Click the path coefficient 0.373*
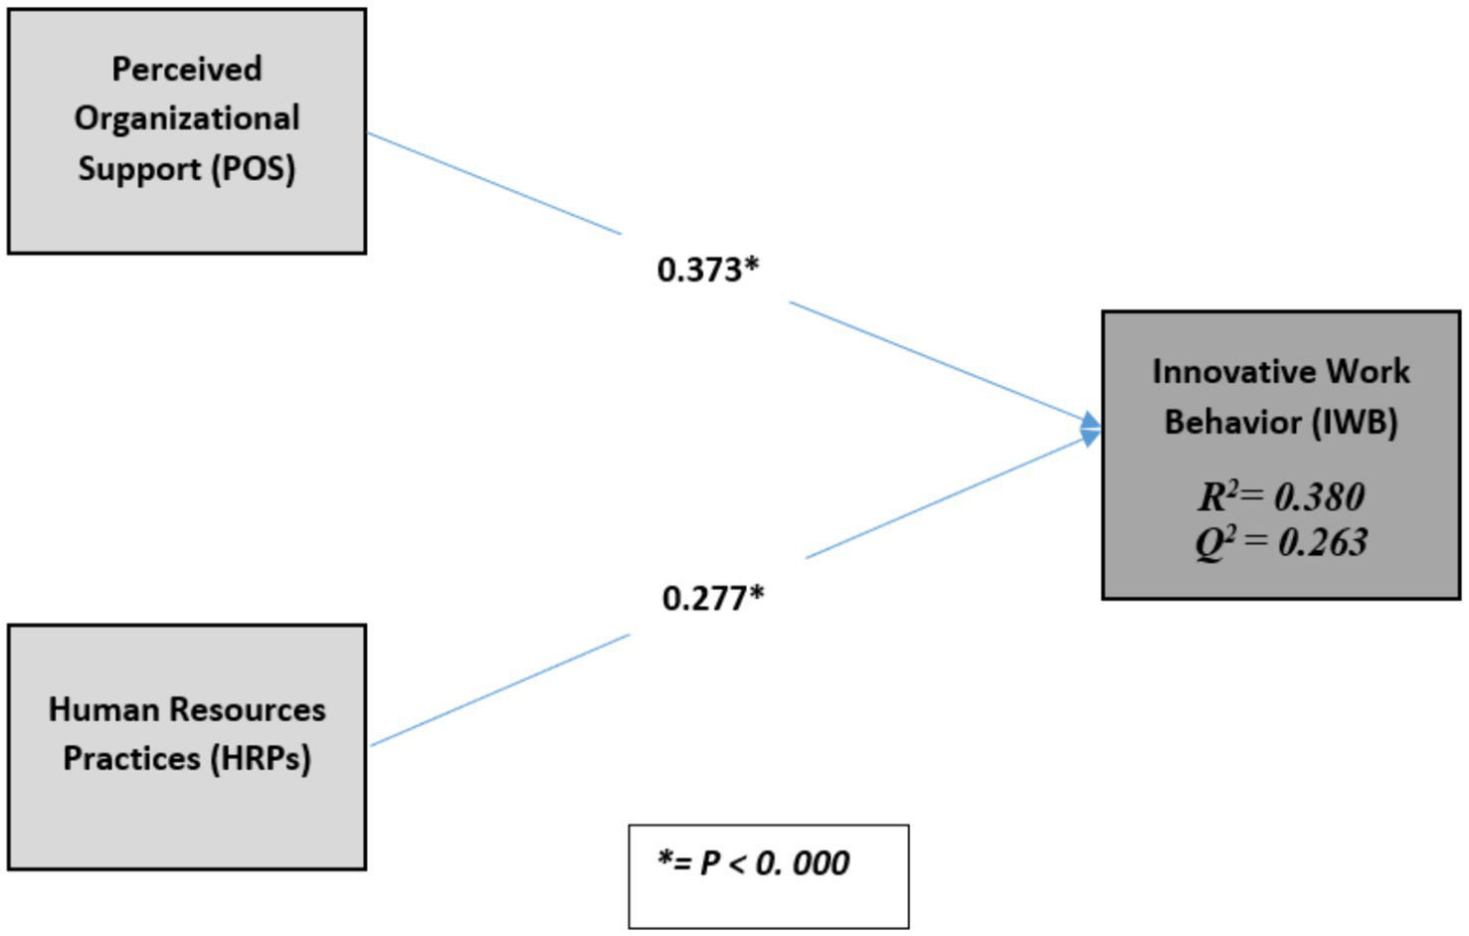coord(707,270)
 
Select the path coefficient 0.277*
coord(712,598)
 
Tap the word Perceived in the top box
coord(187,69)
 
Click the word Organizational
coord(187,118)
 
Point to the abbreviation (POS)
coord(254,168)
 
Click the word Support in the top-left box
coord(139,168)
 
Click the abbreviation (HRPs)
coord(261,759)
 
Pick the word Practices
coord(131,759)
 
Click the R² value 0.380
coord(1319,496)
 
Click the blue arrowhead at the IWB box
coord(1091,429)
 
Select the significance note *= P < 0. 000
coord(753,863)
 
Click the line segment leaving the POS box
coord(493,183)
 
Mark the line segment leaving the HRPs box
coord(499,689)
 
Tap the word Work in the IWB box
coord(1368,372)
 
